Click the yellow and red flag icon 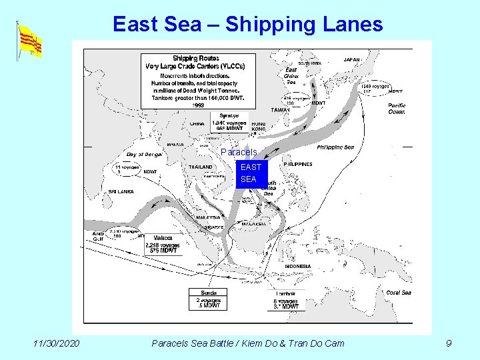pyautogui.click(x=29, y=41)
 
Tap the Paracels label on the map pyautogui.click(x=239, y=153)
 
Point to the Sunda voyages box pyautogui.click(x=208, y=299)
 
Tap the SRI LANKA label pyautogui.click(x=121, y=192)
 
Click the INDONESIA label pyautogui.click(x=298, y=266)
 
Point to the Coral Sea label pyautogui.click(x=398, y=293)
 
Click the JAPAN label pyautogui.click(x=352, y=60)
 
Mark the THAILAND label pyautogui.click(x=201, y=167)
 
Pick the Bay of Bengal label pyautogui.click(x=145, y=154)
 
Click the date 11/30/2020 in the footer pyautogui.click(x=57, y=343)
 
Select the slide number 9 pyautogui.click(x=449, y=343)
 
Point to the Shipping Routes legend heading pyautogui.click(x=195, y=58)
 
